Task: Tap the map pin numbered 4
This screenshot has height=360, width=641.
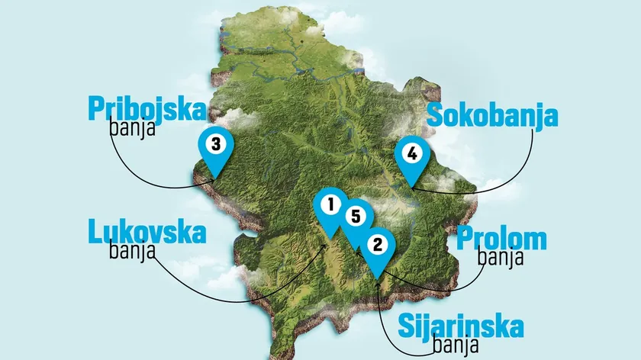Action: pyautogui.click(x=411, y=154)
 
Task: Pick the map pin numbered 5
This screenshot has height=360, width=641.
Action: pyautogui.click(x=353, y=217)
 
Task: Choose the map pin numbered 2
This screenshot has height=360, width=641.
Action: pyautogui.click(x=375, y=246)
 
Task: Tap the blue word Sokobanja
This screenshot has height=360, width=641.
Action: pyautogui.click(x=492, y=116)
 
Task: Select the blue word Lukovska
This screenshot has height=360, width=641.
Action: pyautogui.click(x=147, y=232)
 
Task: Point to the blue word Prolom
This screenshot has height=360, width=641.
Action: pyautogui.click(x=501, y=239)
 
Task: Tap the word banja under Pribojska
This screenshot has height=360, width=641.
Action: pyautogui.click(x=132, y=128)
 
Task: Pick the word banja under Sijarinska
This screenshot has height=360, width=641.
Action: pyautogui.click(x=456, y=346)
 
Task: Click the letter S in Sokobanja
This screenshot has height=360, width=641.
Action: pyautogui.click(x=435, y=116)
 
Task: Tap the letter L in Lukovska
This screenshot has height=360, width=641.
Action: pyautogui.click(x=95, y=231)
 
